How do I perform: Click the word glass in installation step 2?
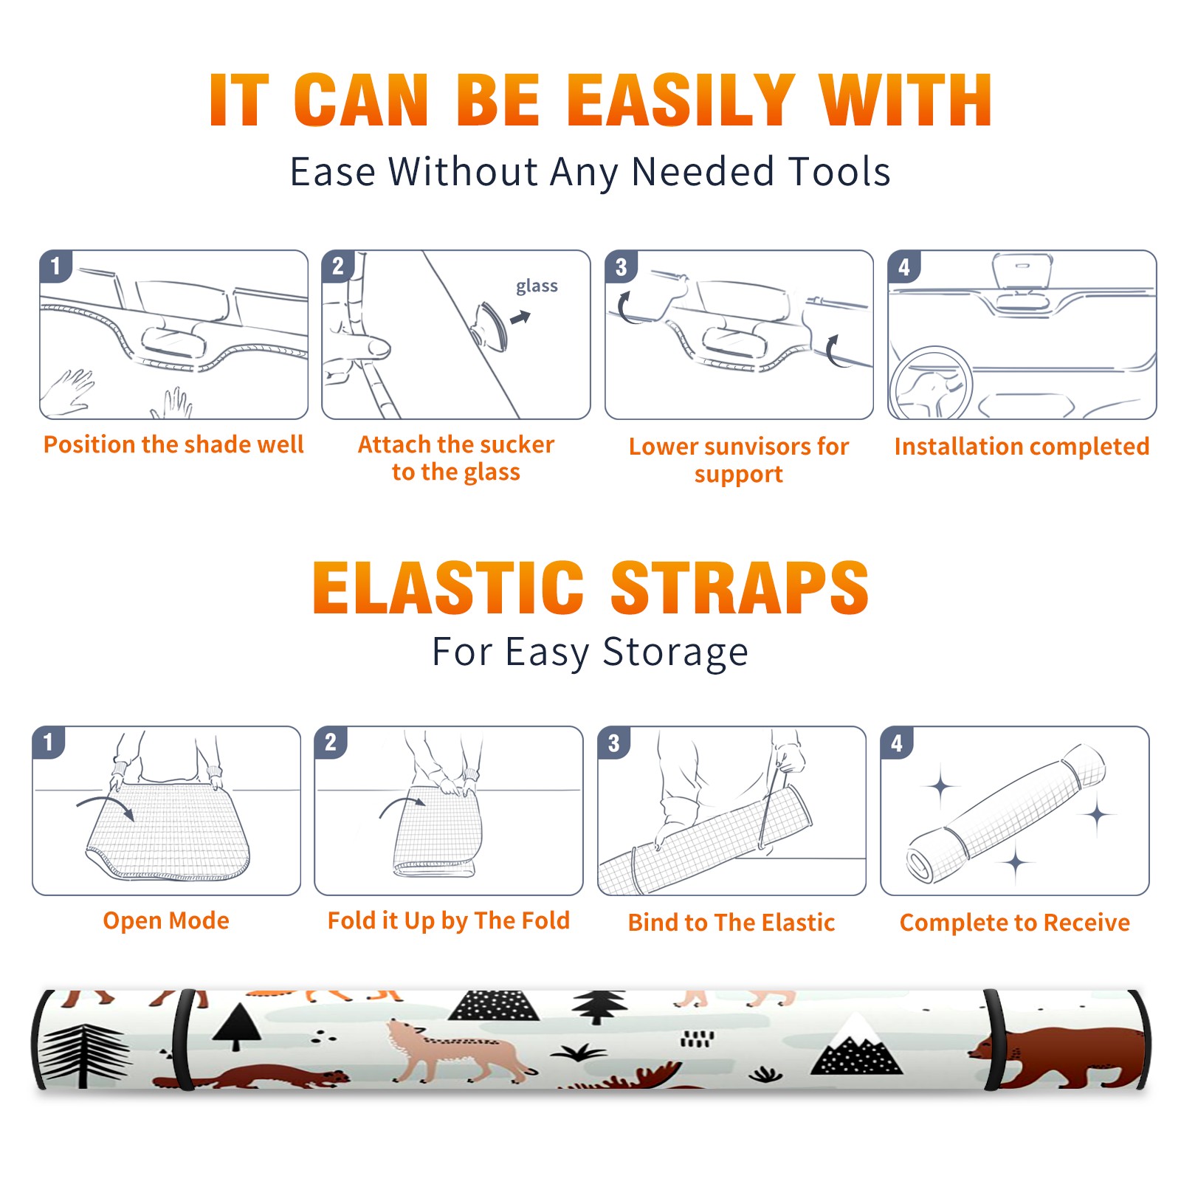coord(537,286)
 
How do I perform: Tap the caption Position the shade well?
coord(173,444)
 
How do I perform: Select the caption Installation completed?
coord(1022,447)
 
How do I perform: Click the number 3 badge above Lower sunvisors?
coord(621,266)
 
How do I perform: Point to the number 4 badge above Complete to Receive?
coord(897,743)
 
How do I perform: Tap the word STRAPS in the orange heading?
coord(740,588)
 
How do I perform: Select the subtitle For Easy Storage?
coord(590,653)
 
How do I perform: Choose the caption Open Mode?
coord(166,920)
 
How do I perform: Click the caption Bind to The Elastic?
coord(731,923)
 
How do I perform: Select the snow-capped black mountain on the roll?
coord(856,1044)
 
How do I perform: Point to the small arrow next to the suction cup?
coord(520,318)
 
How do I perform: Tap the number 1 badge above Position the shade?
coord(55,266)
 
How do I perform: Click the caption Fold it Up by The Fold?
coord(449,920)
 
